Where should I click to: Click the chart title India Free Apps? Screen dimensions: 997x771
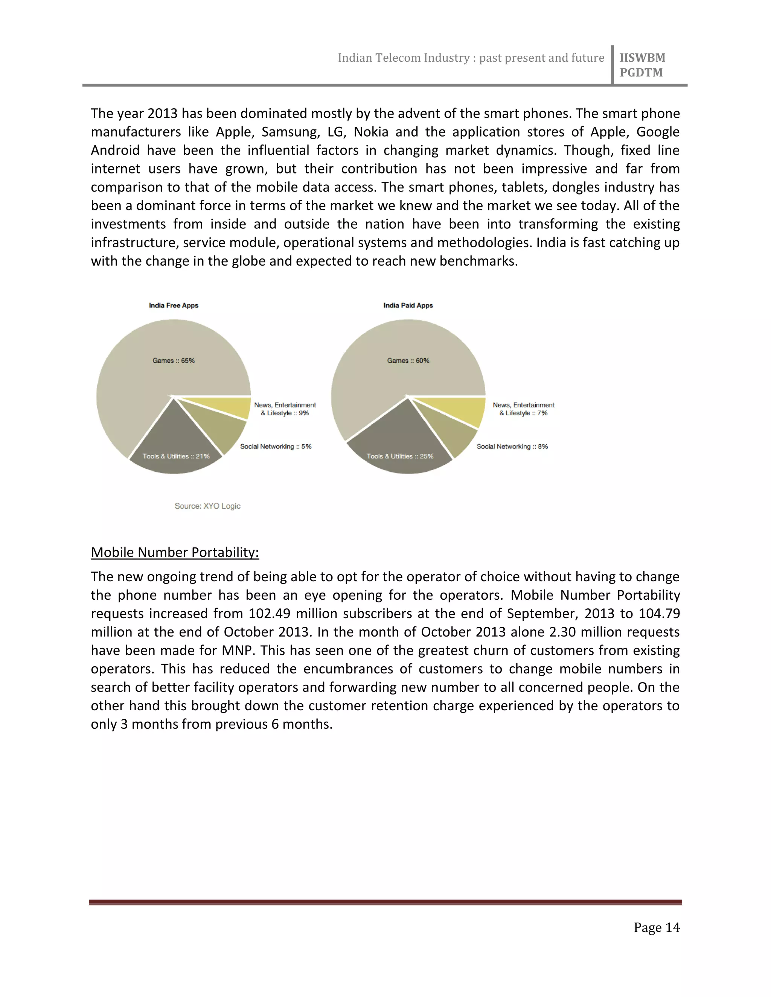174,305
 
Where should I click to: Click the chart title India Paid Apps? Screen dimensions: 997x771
408,305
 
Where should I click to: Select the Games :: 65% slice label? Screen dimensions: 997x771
174,361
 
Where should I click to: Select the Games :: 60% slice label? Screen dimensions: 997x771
408,361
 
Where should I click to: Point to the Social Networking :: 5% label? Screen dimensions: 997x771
276,447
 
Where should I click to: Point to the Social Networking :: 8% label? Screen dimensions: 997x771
512,447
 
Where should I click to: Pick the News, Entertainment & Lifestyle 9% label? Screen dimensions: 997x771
285,409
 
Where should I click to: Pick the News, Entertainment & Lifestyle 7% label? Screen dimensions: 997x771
523,409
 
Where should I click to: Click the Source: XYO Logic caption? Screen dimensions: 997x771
207,506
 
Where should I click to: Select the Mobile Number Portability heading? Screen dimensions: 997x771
175,552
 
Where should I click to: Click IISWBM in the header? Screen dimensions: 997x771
642,58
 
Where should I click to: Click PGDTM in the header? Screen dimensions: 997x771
641,73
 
